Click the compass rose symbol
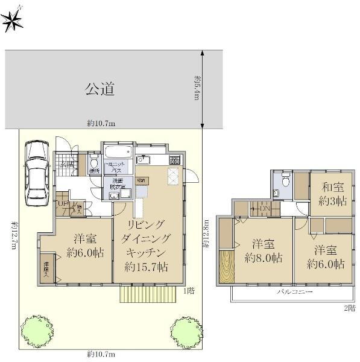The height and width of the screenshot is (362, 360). point(13,19)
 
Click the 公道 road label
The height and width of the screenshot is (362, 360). point(99,90)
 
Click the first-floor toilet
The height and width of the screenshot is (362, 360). point(93,163)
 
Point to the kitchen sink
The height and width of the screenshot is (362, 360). point(144,160)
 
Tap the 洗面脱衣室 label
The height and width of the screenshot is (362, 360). point(118,184)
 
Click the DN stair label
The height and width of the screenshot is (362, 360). point(265,209)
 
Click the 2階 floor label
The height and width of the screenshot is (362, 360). point(349,308)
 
